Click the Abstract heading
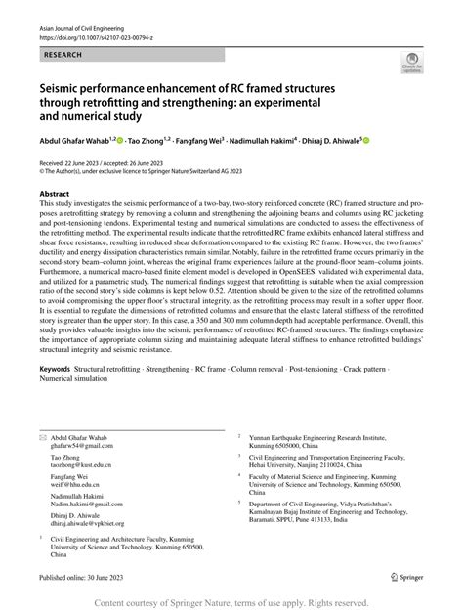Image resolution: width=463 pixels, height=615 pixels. point(55,195)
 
